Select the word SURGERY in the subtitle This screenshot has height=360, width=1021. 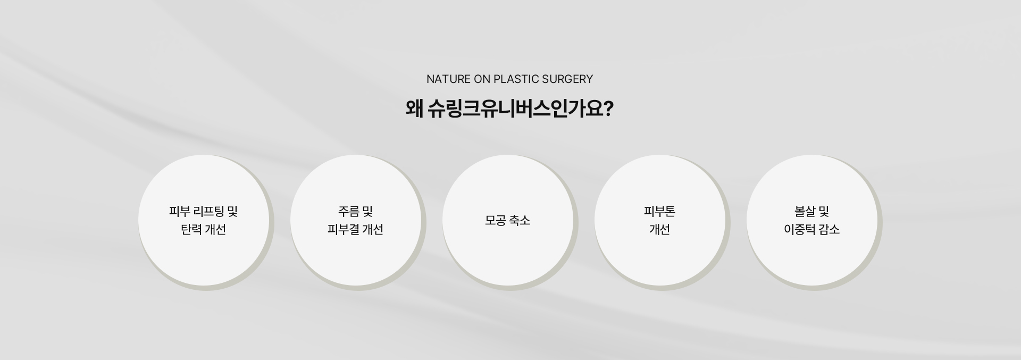point(567,79)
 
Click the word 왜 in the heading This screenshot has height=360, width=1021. point(414,109)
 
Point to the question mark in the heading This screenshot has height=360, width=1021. point(609,109)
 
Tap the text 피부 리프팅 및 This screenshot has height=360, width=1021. point(204,212)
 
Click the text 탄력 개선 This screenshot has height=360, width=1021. point(204,229)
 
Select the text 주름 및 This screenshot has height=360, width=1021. point(356,212)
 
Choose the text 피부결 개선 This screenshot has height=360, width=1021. point(356,229)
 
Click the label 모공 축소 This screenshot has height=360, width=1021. point(508,220)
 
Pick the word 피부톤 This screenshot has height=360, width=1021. point(659,212)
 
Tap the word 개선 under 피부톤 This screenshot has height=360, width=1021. point(659,229)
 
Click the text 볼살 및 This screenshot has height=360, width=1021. point(812,212)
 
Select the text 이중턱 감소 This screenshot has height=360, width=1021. point(812,229)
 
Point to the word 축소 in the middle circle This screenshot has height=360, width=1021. point(520,220)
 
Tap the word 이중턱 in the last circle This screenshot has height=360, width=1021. point(799,229)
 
